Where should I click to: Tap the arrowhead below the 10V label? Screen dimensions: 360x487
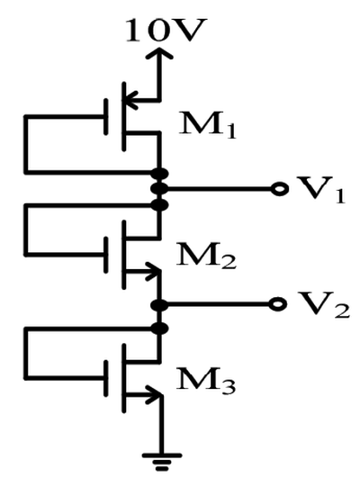[x=159, y=53]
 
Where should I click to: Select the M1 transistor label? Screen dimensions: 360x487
[x=208, y=125]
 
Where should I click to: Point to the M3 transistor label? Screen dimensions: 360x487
[x=206, y=381]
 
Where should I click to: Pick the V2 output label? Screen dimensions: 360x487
[x=323, y=305]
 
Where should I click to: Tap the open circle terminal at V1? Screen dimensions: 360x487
[x=280, y=189]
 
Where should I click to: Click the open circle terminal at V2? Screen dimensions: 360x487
[x=277, y=304]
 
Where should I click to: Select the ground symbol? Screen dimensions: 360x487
[x=162, y=463]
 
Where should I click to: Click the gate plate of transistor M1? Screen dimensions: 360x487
[x=106, y=117]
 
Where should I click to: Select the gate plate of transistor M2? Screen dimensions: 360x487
[x=106, y=255]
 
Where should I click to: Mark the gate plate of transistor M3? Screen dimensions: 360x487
[x=106, y=378]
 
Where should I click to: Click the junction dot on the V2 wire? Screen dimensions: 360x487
[x=159, y=305]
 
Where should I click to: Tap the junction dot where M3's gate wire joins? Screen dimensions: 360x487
[x=159, y=329]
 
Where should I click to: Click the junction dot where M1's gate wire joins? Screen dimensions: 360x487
[x=159, y=173]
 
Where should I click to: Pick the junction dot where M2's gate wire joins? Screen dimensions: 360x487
[x=159, y=205]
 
